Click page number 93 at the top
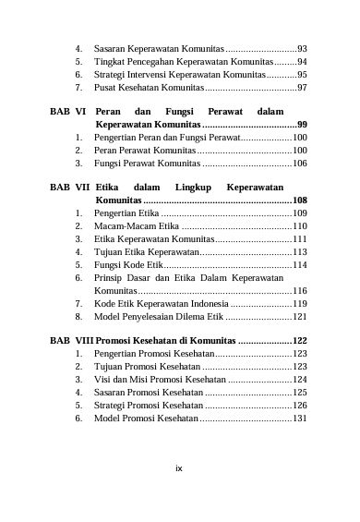[x=302, y=47]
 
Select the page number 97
[x=302, y=87]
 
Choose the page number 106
[x=299, y=163]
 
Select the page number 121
[x=299, y=316]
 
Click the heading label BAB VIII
[x=71, y=341]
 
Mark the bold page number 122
[x=299, y=341]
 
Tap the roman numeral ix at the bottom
[x=179, y=468]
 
